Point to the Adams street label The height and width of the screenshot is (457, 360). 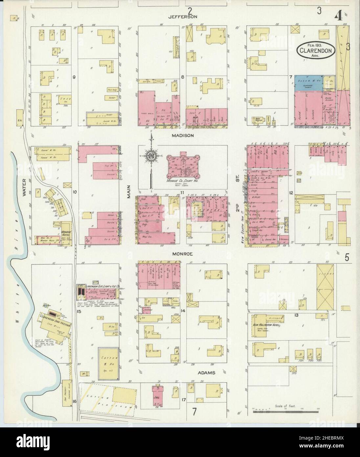(206, 373)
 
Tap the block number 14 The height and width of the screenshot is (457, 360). (183, 310)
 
